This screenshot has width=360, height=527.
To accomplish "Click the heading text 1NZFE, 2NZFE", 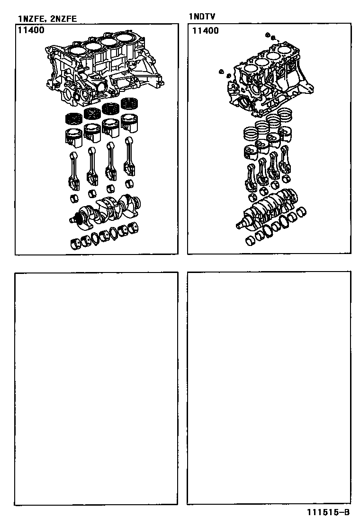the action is click(47, 18).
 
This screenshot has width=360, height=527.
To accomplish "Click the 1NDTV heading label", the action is click(202, 17).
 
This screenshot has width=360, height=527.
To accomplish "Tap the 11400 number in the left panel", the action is click(31, 30).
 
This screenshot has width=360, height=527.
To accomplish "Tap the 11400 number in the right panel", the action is click(205, 31).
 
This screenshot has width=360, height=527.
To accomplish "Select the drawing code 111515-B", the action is click(328, 512).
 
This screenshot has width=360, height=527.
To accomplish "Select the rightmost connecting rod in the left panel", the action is click(129, 156).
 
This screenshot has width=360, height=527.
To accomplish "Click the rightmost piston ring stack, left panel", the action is click(130, 103).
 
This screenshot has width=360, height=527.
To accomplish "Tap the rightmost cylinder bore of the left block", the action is click(126, 37).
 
